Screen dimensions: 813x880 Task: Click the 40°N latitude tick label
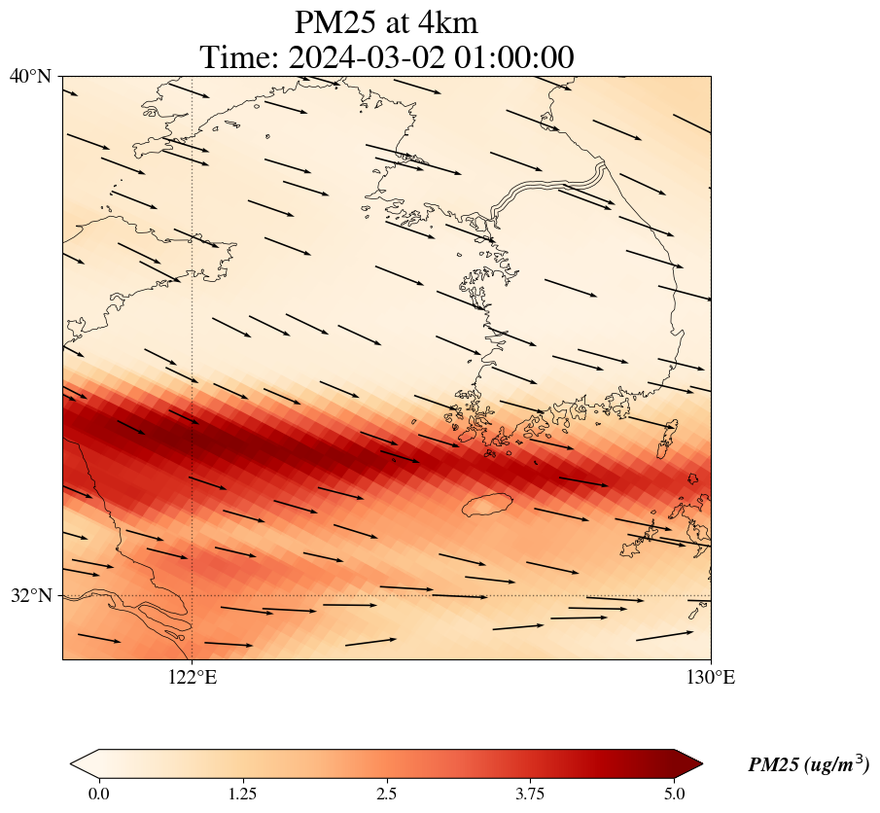(30, 76)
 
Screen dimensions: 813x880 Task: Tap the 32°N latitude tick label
(30, 595)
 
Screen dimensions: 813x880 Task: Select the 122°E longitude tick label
(193, 678)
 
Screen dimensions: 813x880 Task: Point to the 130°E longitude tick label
(711, 678)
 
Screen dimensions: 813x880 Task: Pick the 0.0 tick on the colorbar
(98, 794)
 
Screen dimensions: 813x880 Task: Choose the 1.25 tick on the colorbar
(242, 794)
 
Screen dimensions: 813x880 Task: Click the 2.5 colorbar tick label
(386, 794)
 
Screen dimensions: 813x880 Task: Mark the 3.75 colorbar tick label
(530, 794)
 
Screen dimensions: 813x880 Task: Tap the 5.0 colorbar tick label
(674, 794)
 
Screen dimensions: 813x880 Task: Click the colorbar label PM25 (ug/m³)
(808, 765)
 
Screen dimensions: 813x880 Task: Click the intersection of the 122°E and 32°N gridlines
(193, 595)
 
